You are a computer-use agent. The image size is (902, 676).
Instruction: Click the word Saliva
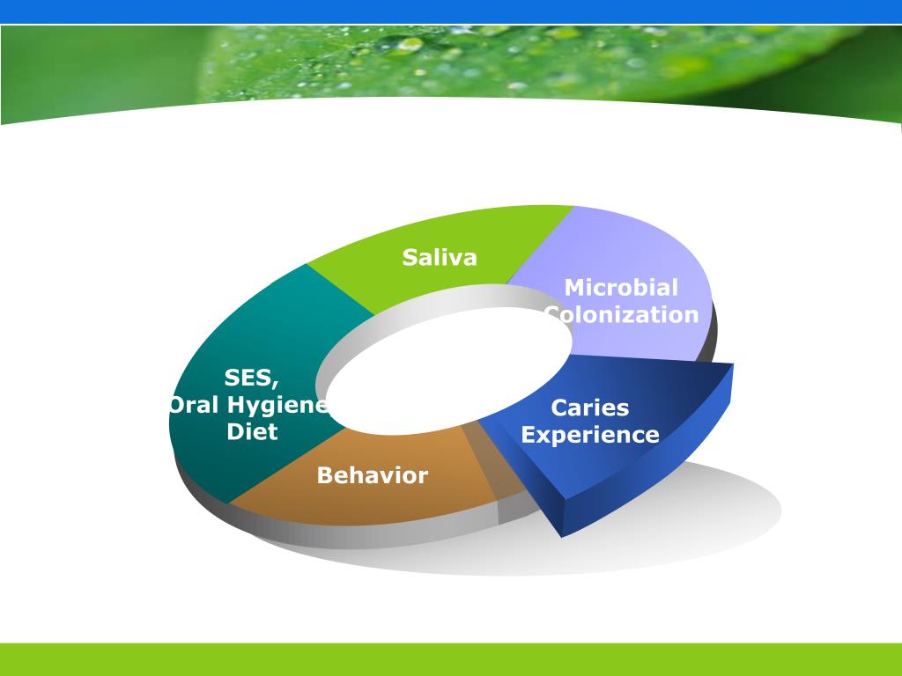coord(440,257)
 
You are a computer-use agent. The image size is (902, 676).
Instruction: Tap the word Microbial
coord(621,288)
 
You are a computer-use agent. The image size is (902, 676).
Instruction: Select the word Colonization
coord(622,314)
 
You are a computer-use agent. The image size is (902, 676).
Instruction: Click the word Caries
coord(589,408)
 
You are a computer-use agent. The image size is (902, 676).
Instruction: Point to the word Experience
coord(590,435)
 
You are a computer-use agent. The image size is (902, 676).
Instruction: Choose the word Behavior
coord(373,475)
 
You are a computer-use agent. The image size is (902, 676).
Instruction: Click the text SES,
coord(252,378)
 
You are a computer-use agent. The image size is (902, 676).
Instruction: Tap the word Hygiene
coord(277,405)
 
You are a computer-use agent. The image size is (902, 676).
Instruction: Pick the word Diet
coord(252,431)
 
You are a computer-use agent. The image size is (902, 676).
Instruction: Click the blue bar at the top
coord(451,11)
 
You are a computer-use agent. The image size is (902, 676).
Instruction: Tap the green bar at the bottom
coord(451,659)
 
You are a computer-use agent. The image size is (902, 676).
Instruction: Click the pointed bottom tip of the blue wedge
coord(562,537)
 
